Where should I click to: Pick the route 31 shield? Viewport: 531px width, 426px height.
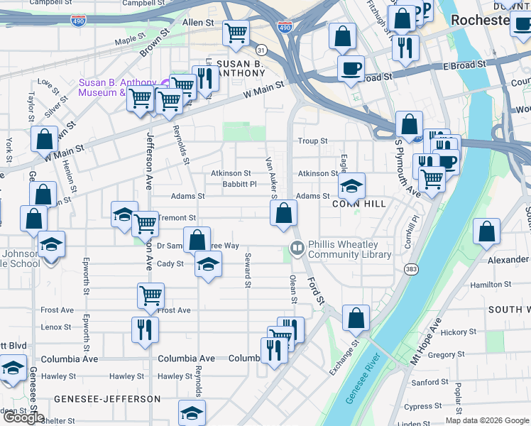(261, 50)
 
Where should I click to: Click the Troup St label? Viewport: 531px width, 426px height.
(312, 141)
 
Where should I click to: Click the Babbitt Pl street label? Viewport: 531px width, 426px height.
(239, 184)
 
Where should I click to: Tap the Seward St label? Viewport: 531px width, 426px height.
(248, 271)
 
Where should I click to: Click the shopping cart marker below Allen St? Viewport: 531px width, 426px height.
(236, 31)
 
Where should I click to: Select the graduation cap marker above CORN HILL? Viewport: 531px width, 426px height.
(351, 185)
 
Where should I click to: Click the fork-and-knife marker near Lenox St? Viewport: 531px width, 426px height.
(145, 329)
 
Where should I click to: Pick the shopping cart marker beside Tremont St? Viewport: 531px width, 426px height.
(145, 224)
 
